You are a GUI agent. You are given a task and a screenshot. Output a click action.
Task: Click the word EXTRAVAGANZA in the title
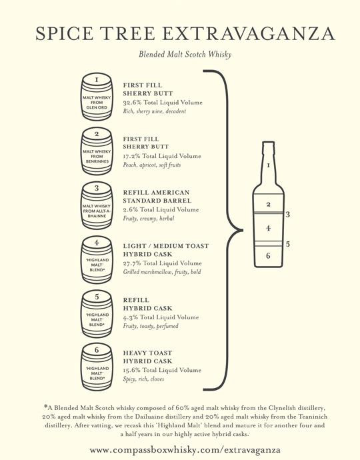coord(248,33)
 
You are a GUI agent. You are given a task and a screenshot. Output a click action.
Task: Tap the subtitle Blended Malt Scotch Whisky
coord(185,55)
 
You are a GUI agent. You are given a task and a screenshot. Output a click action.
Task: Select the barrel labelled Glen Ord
coord(97,97)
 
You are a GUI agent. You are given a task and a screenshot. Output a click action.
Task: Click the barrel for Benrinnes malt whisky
coord(97,151)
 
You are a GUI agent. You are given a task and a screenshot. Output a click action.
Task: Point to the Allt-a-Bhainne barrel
coord(97,205)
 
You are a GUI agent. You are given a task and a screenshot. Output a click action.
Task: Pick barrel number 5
coord(97,314)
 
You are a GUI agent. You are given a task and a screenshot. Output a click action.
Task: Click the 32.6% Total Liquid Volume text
coord(163,103)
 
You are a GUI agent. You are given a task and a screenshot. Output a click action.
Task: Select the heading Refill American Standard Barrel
coord(157,197)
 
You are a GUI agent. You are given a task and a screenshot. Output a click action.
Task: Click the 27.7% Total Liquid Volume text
coord(163,263)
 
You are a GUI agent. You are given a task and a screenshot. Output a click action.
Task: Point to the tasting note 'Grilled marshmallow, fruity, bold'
coord(162,272)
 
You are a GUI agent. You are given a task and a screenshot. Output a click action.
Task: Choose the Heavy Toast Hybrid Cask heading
coord(147,357)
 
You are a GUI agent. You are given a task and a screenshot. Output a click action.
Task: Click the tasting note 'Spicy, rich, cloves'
coord(143,379)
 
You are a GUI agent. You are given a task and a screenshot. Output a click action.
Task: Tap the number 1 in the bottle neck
coord(268,166)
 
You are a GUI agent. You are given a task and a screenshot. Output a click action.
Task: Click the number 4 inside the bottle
coord(268,228)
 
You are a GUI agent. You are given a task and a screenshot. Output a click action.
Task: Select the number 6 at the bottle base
coord(268,256)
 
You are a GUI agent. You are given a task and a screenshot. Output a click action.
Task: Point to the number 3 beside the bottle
coord(288,215)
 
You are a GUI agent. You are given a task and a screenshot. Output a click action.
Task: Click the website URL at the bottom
coord(185,450)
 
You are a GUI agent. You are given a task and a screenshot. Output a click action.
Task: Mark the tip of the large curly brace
coord(243,230)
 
